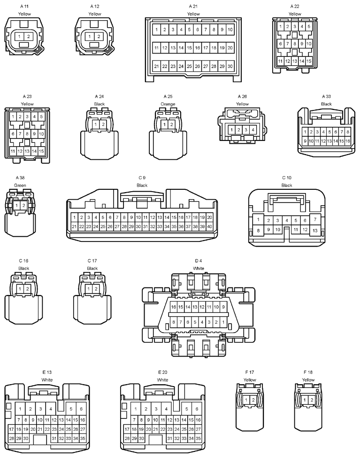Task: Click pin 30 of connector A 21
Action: (x=230, y=66)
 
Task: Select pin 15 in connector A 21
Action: (x=189, y=48)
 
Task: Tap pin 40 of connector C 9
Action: (x=210, y=226)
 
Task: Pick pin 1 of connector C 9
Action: (x=75, y=217)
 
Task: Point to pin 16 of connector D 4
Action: (x=174, y=307)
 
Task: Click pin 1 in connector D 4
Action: (x=223, y=322)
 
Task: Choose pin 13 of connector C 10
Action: (x=315, y=231)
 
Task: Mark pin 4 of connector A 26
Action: (x=253, y=130)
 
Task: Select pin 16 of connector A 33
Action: (x=347, y=141)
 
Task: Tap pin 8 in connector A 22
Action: (x=295, y=44)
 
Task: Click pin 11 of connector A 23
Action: (x=13, y=151)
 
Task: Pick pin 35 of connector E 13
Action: (x=83, y=438)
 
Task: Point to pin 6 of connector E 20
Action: (x=197, y=409)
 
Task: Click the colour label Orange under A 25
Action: (x=168, y=104)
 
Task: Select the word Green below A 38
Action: (x=20, y=185)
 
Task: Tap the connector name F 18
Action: (x=308, y=372)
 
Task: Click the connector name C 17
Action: (x=92, y=261)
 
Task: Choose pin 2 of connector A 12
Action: (x=99, y=37)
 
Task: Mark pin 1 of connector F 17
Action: (x=246, y=400)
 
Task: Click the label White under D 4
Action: (x=199, y=268)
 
